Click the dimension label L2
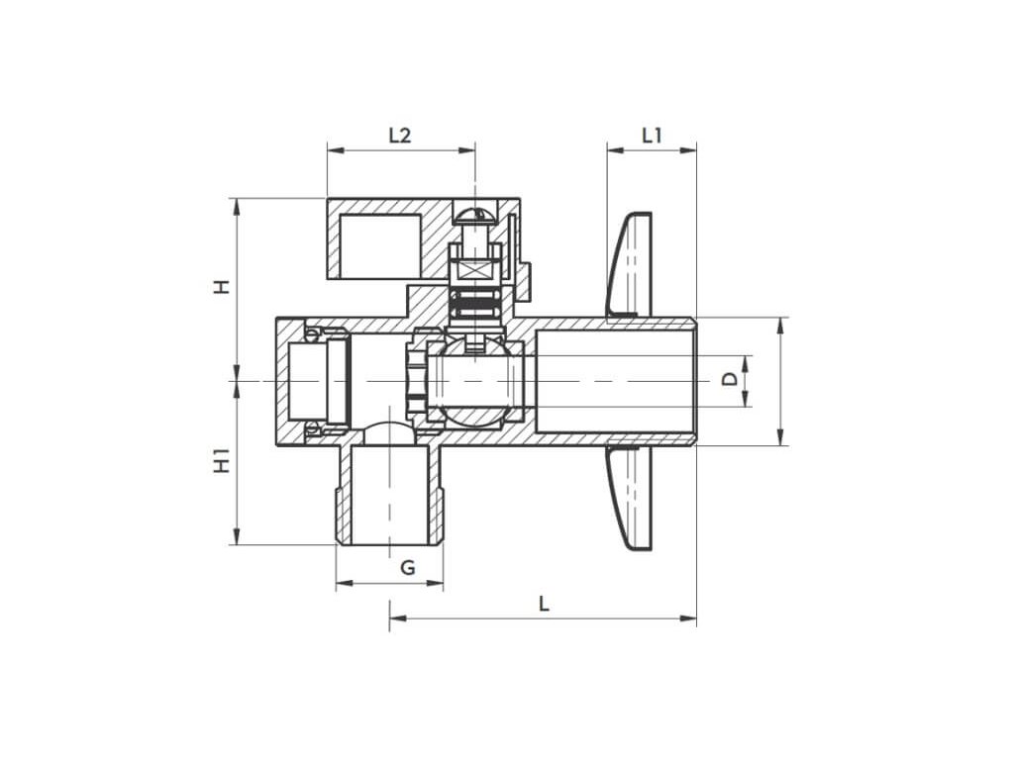[400, 136]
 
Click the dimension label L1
[652, 136]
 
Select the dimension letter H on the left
[222, 287]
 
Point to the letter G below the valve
[407, 568]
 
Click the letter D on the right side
[730, 379]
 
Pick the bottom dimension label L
[544, 605]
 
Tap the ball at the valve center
[475, 381]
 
